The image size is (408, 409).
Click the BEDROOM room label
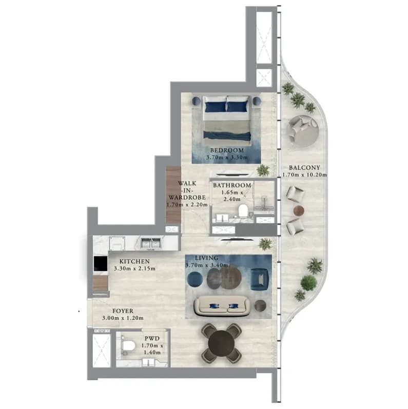coord(227,150)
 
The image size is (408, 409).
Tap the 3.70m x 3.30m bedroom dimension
coord(227,158)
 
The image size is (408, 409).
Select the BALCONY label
coord(304,167)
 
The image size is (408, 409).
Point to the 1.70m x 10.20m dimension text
coord(304,175)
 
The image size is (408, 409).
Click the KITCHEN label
coord(134,261)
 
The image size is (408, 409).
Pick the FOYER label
coord(123,311)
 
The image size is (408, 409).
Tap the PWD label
coord(152,339)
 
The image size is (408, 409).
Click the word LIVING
coord(207,258)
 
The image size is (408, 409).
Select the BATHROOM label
coord(232,185)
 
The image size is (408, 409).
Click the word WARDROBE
coord(187,198)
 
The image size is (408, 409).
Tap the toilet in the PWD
coord(128,346)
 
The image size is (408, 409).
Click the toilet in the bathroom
coord(243,211)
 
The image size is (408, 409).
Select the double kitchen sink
coord(150,243)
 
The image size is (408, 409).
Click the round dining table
coord(222,343)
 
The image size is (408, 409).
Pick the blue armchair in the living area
coord(259,279)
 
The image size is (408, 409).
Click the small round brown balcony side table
coord(299,210)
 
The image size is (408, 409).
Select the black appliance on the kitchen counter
coord(101,263)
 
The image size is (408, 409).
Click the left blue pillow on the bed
coord(216,107)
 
